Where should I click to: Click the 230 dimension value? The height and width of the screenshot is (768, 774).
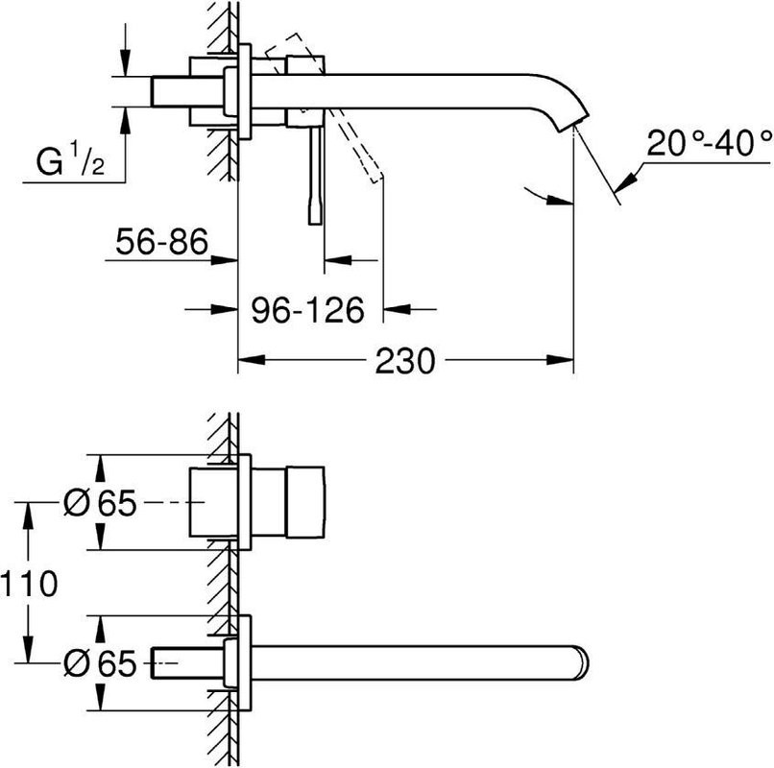point(404,361)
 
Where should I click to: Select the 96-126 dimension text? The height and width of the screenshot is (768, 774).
point(308,309)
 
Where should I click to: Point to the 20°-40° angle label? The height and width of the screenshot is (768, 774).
point(710,144)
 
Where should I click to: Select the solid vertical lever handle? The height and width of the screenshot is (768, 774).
point(314,173)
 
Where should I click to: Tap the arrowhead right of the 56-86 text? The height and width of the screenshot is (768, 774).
point(227,259)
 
